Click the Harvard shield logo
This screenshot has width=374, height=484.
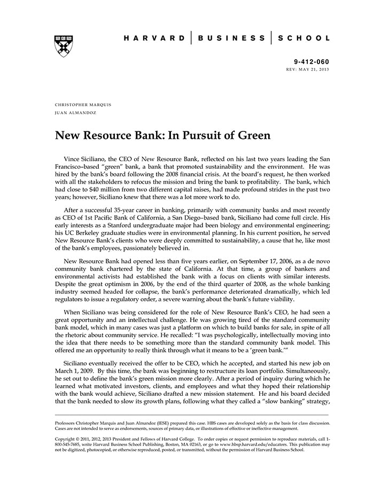64,46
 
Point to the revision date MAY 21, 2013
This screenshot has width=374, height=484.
315,70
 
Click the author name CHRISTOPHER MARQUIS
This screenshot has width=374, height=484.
83,105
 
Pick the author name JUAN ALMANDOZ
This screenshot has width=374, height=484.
75,113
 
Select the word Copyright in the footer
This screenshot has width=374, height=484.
67,438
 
